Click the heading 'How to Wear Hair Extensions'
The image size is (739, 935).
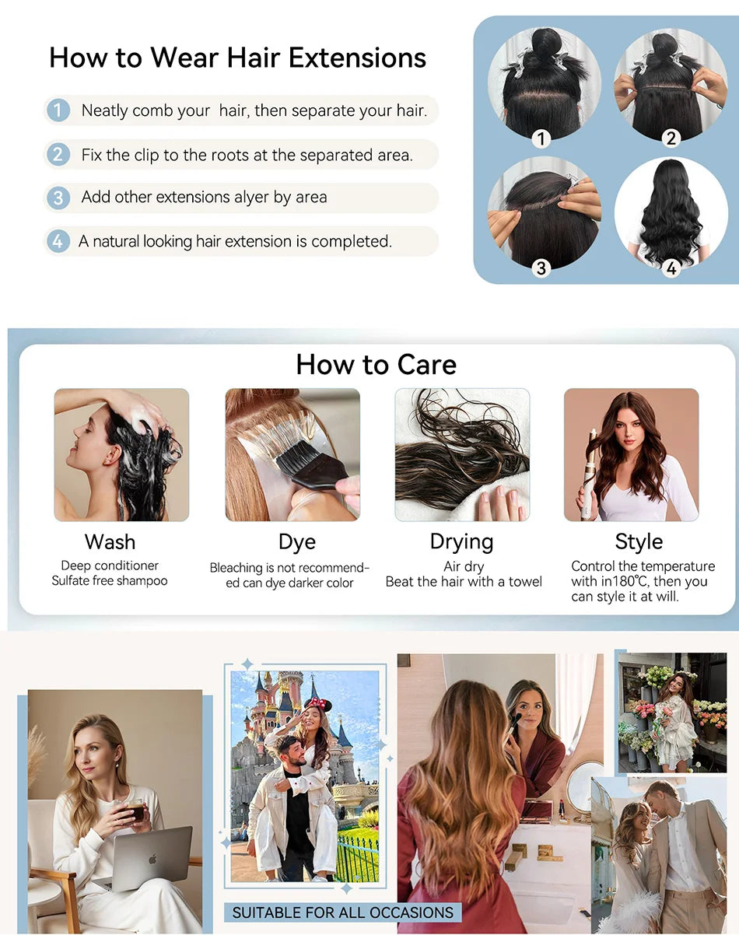click(x=237, y=58)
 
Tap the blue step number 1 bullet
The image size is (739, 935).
click(x=58, y=110)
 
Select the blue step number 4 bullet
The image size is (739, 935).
click(x=58, y=241)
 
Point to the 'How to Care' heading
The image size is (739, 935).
click(x=376, y=364)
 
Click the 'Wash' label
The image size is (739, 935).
click(x=110, y=541)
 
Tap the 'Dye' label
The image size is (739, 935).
click(x=296, y=542)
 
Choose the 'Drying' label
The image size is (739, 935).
click(x=461, y=541)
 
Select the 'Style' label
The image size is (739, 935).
click(x=639, y=541)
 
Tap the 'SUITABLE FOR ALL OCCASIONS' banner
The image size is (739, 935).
click(x=343, y=912)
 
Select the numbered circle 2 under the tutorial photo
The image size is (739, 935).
click(x=671, y=138)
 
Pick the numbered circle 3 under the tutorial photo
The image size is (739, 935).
click(x=541, y=268)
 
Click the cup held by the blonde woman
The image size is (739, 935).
click(x=136, y=811)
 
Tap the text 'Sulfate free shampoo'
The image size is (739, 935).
click(x=110, y=581)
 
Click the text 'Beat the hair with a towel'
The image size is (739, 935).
click(x=464, y=582)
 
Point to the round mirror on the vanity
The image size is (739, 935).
click(x=585, y=786)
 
